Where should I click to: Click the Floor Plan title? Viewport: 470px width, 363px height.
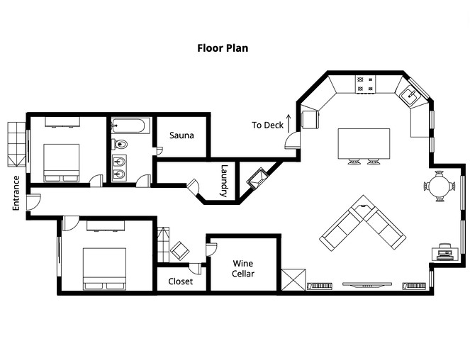[222, 49]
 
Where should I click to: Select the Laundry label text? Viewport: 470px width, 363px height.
[224, 181]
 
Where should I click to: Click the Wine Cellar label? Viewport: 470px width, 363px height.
[243, 269]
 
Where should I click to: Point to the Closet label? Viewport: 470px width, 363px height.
[180, 281]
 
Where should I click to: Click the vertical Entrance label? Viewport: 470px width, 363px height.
[16, 193]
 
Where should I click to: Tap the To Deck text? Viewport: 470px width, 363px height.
[267, 125]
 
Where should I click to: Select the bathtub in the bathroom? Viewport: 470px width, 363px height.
[130, 127]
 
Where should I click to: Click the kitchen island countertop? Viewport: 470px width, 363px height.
[364, 143]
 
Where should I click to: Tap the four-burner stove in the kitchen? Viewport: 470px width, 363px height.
[367, 84]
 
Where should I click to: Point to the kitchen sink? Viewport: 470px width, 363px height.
[410, 94]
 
